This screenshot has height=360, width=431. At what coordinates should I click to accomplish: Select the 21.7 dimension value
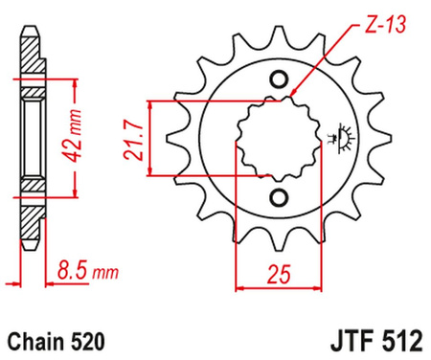(130, 138)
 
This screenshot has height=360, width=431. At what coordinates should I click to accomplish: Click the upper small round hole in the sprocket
(279, 79)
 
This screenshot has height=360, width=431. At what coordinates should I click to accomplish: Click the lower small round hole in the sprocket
(279, 197)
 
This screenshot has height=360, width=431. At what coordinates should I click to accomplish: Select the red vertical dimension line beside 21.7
(148, 138)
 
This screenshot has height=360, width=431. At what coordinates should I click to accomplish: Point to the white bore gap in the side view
(30, 135)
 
